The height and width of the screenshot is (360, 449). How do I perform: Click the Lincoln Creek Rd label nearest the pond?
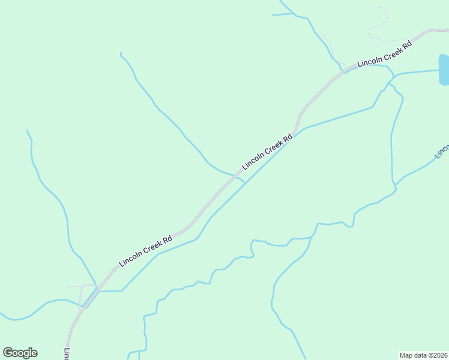[x=384, y=54]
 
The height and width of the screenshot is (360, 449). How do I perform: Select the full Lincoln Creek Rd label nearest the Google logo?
[x=146, y=250]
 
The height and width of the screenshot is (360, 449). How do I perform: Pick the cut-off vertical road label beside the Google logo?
[x=67, y=355]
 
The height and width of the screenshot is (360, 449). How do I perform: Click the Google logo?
[x=20, y=353]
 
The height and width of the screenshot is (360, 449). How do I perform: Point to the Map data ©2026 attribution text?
[x=423, y=355]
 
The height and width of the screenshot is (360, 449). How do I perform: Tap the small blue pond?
[x=444, y=70]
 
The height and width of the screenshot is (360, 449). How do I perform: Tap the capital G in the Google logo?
[x=8, y=353]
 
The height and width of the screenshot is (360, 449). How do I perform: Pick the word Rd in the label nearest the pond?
[x=406, y=44]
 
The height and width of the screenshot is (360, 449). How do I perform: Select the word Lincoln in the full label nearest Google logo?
[x=130, y=259]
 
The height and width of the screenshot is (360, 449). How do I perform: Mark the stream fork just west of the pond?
[x=394, y=76]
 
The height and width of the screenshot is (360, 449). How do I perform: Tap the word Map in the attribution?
[x=406, y=355]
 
